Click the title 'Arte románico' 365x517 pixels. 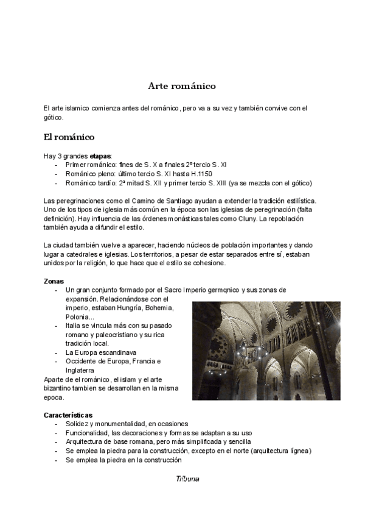pos(182,86)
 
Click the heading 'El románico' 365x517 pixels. pos(69,137)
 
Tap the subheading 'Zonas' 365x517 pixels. pos(54,281)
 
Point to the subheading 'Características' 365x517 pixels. pos(68,415)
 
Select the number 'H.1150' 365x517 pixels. pos(200,174)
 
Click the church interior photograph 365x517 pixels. pos(266,351)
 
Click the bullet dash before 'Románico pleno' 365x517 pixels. pos(57,174)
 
